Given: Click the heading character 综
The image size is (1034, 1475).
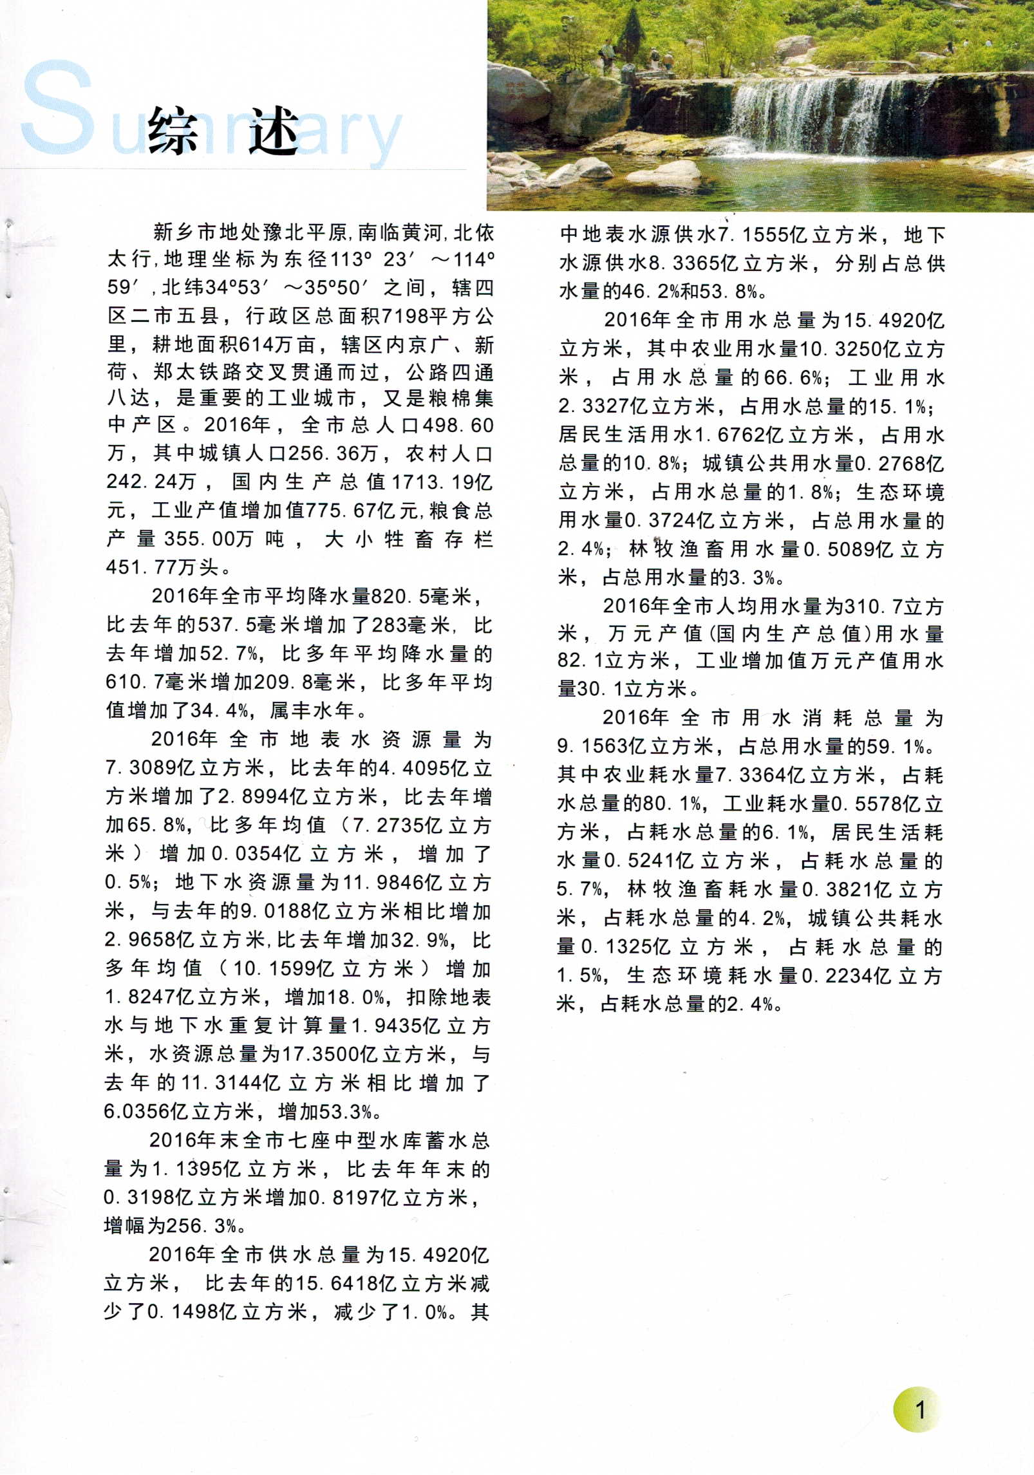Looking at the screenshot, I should [173, 131].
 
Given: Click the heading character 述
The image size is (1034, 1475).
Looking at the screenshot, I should [274, 131].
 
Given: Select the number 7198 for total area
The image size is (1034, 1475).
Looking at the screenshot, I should [405, 316].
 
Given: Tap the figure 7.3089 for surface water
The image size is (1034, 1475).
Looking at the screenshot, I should [139, 767].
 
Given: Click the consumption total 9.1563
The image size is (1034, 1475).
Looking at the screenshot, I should [592, 746].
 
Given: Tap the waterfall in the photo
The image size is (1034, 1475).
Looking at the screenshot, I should [837, 116].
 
